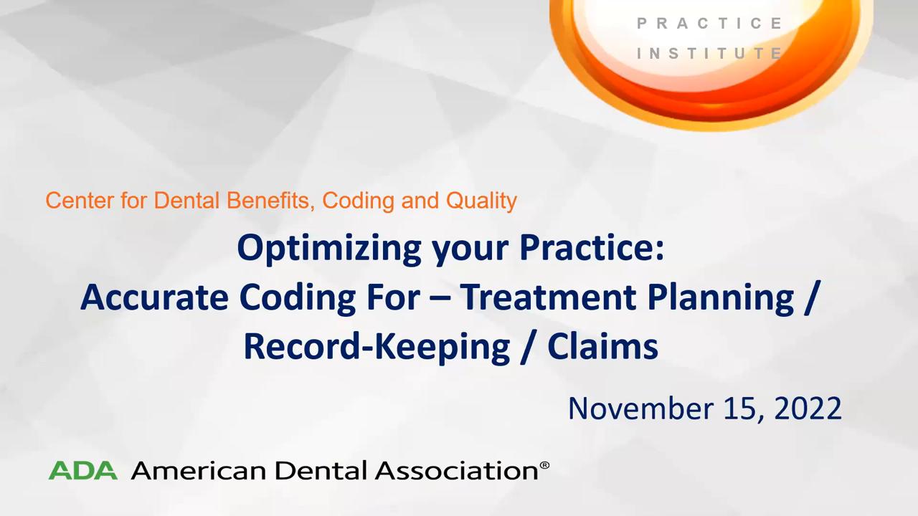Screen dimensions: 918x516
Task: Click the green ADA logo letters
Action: (x=83, y=470)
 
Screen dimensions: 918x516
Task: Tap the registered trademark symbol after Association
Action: (x=544, y=466)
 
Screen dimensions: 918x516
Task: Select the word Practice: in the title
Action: (x=592, y=248)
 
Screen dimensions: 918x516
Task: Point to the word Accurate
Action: (x=154, y=297)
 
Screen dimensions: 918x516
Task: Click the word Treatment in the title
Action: (x=548, y=297)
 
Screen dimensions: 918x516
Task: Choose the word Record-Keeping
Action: (x=377, y=348)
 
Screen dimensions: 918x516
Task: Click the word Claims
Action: (x=603, y=346)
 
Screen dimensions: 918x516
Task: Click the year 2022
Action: (x=808, y=408)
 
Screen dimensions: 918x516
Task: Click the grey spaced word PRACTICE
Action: (x=709, y=24)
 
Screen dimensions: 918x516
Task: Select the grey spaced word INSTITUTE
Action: (x=709, y=53)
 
